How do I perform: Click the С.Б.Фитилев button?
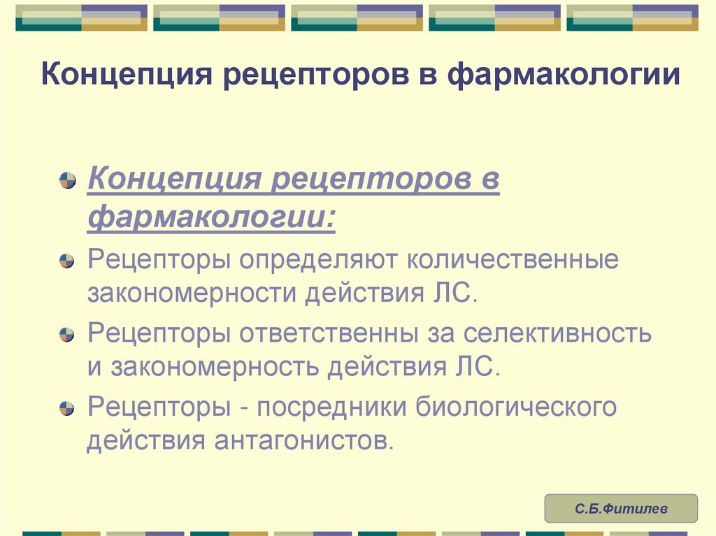pyautogui.click(x=621, y=509)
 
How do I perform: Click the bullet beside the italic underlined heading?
pyautogui.click(x=67, y=181)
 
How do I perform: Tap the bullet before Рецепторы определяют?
pyautogui.click(x=67, y=261)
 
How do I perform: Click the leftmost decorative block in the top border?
pyautogui.click(x=81, y=18)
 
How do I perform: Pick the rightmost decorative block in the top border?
pyautogui.click(x=632, y=18)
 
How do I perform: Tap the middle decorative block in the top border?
pyautogui.click(x=357, y=18)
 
